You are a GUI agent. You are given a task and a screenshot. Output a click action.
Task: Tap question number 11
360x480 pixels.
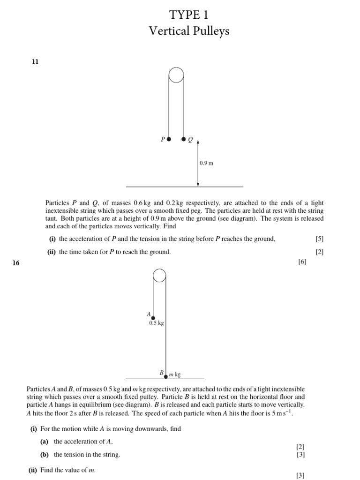pos(35,61)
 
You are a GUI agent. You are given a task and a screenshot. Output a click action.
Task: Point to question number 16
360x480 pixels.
pos(16,263)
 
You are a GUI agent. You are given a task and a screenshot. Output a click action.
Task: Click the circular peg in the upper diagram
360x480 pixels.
pos(176,75)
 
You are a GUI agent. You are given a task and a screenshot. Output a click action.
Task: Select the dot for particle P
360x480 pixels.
pos(169,139)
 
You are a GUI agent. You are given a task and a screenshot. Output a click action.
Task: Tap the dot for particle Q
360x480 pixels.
pos(183,139)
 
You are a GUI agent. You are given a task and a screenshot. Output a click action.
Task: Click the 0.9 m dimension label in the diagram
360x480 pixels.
pos(206,164)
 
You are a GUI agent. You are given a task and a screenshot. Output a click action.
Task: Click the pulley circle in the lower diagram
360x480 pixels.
pos(159,276)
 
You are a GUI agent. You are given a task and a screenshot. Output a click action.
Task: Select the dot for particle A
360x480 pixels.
pos(153,318)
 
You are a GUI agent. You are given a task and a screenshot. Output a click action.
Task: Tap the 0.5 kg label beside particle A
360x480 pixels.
pos(156,323)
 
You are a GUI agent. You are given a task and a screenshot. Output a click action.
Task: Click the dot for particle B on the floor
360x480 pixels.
pos(165,376)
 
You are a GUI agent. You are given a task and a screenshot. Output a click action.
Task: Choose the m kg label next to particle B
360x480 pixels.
pos(175,375)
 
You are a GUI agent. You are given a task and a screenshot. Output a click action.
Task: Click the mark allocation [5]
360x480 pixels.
pos(320,239)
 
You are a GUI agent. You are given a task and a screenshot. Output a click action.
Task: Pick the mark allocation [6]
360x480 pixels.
pos(302,262)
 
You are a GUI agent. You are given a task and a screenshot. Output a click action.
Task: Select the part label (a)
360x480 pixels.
pos(45,441)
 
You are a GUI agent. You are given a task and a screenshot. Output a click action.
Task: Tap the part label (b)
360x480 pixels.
pos(45,454)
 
